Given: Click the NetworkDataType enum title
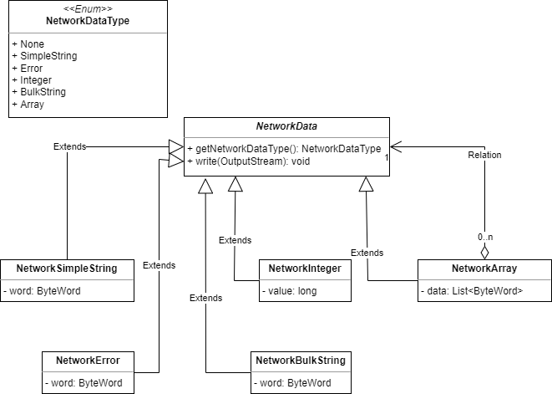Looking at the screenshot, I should coord(88,20).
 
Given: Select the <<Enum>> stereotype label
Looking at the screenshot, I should coord(88,8).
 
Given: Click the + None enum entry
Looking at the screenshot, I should coord(29,44).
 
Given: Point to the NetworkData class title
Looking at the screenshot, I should coord(286,125).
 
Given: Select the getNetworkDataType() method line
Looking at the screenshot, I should coord(284,148).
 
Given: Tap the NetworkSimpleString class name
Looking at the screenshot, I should coord(67,269).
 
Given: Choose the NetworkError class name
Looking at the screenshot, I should coord(88,361).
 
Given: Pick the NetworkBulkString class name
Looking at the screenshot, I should coord(298,361).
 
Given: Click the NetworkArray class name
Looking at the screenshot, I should coord(484,269).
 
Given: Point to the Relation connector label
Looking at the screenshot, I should coord(484,154).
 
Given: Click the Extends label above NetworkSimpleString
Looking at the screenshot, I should coord(68,146).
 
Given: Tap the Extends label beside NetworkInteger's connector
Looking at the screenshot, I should coord(235,240).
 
